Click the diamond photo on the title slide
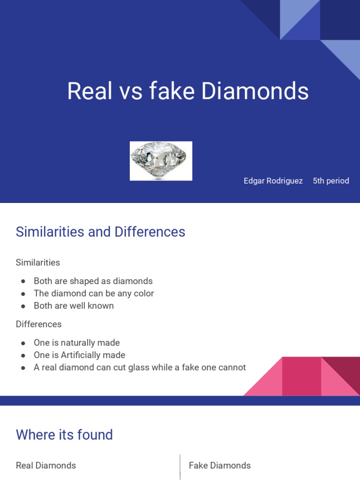click(161, 160)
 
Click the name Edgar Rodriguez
click(273, 181)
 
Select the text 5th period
click(331, 181)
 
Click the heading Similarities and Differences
click(100, 232)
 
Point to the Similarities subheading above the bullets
click(38, 262)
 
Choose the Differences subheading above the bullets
click(38, 324)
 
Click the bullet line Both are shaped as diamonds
click(93, 281)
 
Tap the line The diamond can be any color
click(94, 293)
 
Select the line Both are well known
click(74, 306)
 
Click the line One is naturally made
click(76, 343)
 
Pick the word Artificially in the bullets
click(81, 355)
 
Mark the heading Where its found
click(64, 435)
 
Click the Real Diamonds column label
click(46, 465)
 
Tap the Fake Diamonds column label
click(219, 465)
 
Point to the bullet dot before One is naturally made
click(23, 343)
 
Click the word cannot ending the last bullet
click(230, 367)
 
